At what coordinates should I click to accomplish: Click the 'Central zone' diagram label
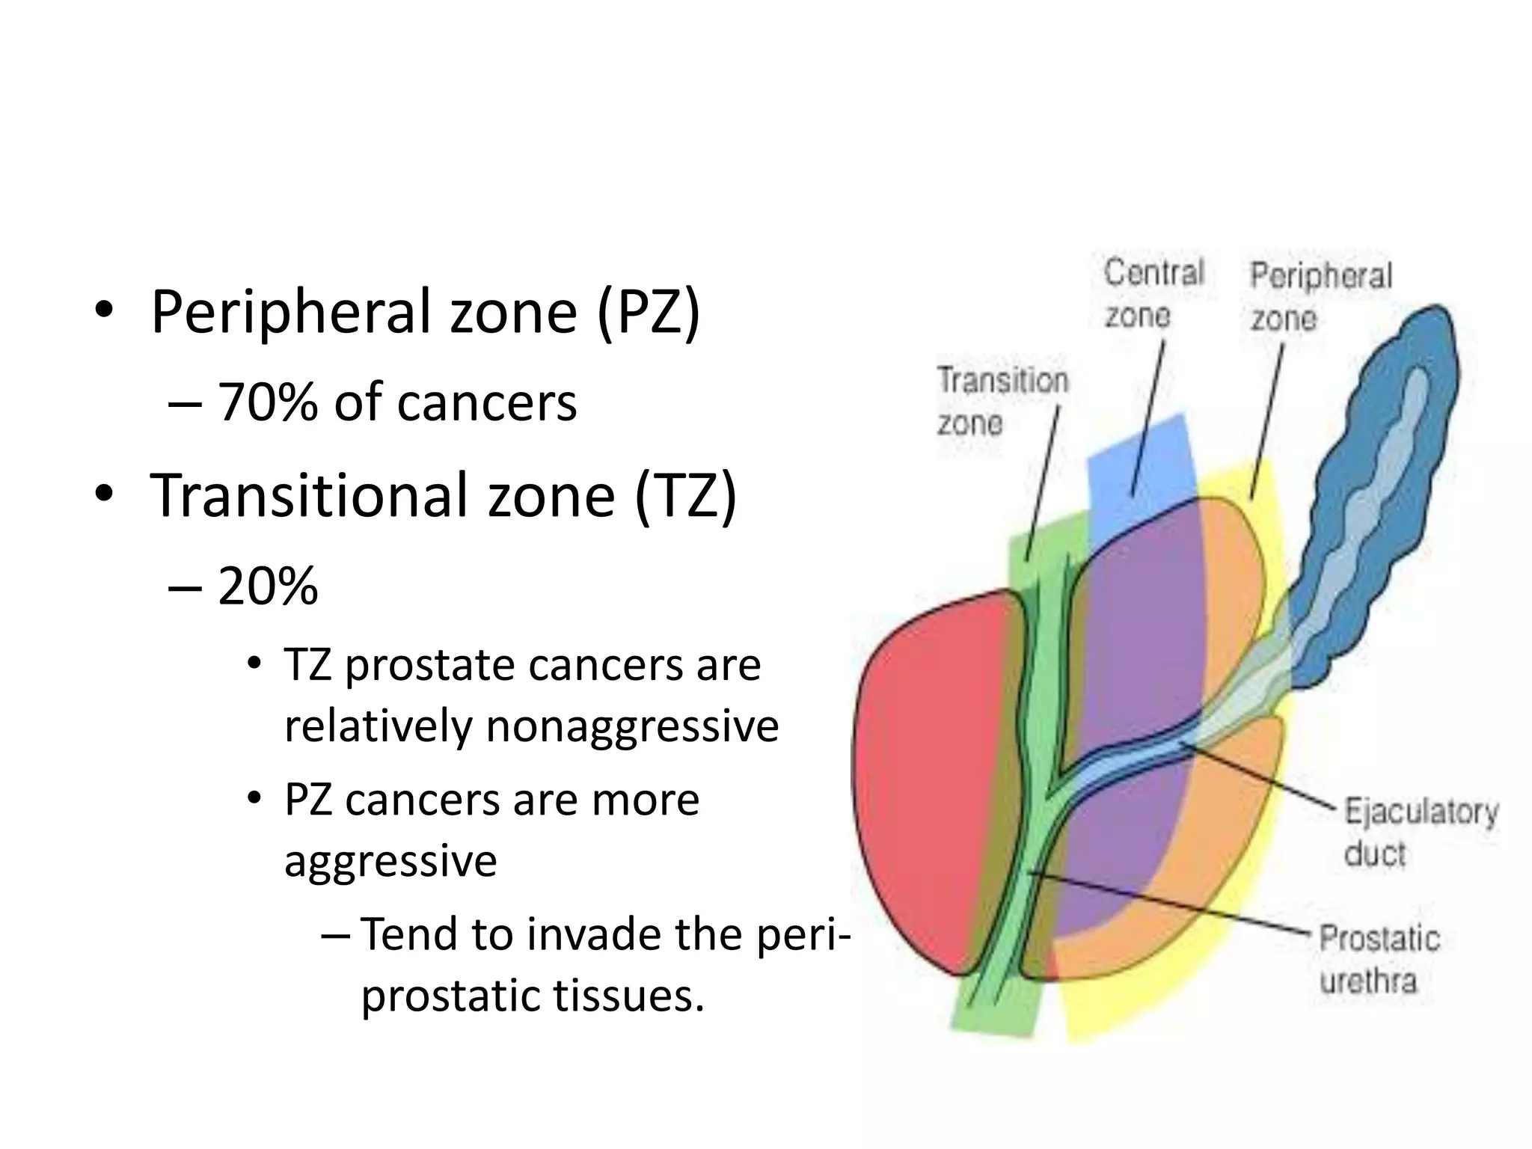point(1153,293)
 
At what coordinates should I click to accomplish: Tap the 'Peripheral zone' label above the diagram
point(1320,296)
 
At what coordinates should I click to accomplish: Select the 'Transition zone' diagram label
point(1002,401)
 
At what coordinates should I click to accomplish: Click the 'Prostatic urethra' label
point(1378,959)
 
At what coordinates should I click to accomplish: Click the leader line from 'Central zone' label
point(1148,419)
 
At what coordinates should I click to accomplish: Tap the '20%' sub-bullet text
point(267,586)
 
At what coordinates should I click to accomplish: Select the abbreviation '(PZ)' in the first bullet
point(649,312)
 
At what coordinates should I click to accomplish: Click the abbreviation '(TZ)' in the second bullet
point(685,495)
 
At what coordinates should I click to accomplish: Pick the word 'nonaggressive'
point(632,726)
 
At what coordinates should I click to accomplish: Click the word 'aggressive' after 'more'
point(390,860)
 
